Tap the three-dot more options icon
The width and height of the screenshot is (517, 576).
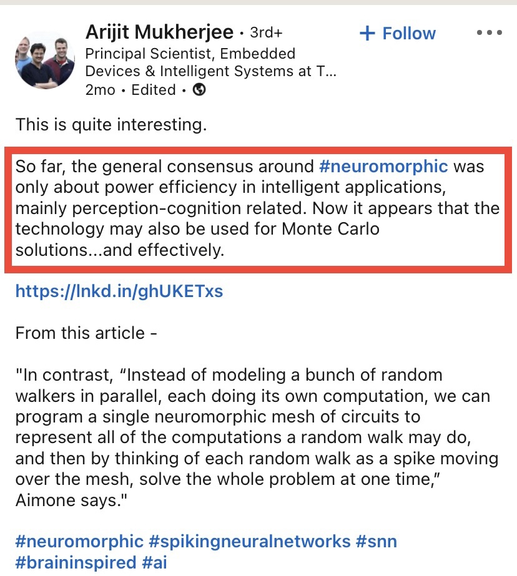pyautogui.click(x=489, y=33)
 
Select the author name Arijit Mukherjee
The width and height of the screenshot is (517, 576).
pyautogui.click(x=159, y=32)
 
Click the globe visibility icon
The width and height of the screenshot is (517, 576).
pyautogui.click(x=199, y=90)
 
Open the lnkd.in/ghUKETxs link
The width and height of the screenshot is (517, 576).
pyautogui.click(x=119, y=291)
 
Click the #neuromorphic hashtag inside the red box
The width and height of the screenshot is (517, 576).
pyautogui.click(x=383, y=167)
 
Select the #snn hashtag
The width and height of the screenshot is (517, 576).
pyautogui.click(x=377, y=540)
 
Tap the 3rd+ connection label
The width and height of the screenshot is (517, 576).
pyautogui.click(x=266, y=32)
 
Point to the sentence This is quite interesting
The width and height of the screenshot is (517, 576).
pyautogui.click(x=111, y=125)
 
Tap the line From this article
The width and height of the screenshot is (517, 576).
pyautogui.click(x=86, y=333)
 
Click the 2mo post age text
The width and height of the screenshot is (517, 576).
pyautogui.click(x=100, y=90)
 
